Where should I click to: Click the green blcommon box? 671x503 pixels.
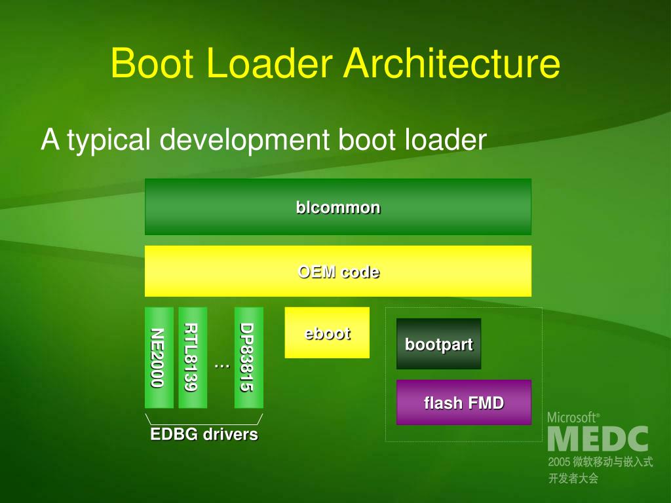(337, 207)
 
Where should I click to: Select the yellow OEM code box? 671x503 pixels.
(337, 271)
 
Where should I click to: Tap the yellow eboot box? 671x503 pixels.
(327, 333)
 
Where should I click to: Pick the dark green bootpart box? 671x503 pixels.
(438, 344)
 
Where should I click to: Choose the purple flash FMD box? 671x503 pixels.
(464, 403)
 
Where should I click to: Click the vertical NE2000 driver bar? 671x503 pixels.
(159, 358)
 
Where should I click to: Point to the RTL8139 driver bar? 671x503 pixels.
(192, 358)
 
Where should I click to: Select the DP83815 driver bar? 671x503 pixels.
(248, 358)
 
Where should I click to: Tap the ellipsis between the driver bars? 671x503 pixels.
(221, 364)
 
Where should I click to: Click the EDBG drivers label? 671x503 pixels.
(204, 434)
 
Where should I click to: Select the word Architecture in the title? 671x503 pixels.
(452, 64)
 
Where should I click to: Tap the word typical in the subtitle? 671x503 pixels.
(109, 140)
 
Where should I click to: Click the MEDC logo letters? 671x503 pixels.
(598, 439)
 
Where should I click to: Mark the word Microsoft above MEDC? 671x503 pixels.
(572, 417)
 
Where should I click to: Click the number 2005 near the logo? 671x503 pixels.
(560, 462)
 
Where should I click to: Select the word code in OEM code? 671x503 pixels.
(360, 271)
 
